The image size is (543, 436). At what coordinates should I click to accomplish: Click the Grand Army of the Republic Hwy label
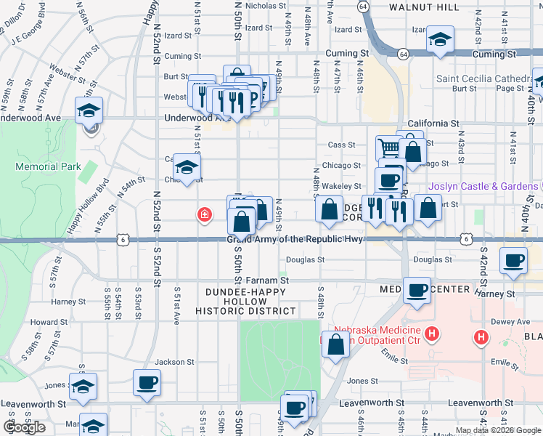[x=295, y=239]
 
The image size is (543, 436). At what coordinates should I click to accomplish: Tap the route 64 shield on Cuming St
[x=401, y=53]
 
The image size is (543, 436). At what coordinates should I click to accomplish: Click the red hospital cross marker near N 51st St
[x=205, y=214]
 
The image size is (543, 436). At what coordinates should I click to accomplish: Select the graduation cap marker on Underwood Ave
[x=89, y=111]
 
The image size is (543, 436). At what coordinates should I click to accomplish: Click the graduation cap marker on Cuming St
[x=440, y=40]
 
